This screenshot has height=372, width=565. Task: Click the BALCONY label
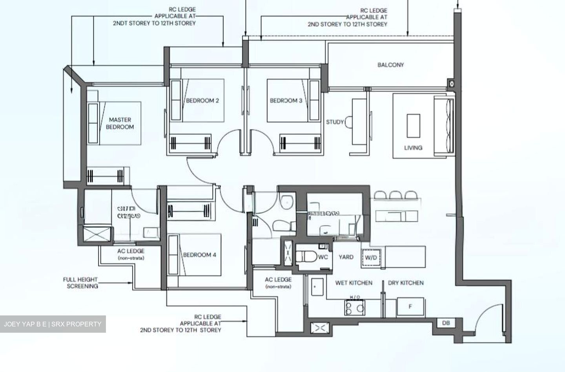click(390, 65)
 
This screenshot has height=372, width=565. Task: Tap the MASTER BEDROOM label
click(120, 123)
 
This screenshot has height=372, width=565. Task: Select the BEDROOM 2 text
click(202, 101)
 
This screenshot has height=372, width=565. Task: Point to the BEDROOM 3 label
click(286, 101)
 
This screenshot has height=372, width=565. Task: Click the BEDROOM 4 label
click(199, 255)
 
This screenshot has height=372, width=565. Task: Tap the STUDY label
click(335, 122)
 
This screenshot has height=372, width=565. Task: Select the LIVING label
click(413, 148)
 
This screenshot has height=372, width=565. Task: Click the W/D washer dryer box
click(370, 258)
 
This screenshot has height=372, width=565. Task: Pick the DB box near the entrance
click(446, 323)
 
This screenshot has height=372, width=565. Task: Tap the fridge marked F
click(410, 306)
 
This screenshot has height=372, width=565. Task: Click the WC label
click(323, 257)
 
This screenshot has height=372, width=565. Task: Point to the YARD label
click(346, 257)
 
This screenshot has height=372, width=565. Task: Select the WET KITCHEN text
click(354, 283)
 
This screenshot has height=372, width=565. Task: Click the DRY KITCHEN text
click(406, 283)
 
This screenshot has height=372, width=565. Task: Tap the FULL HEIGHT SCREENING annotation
click(80, 283)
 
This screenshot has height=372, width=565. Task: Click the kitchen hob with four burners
click(355, 308)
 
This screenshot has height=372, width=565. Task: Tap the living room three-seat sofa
click(443, 124)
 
